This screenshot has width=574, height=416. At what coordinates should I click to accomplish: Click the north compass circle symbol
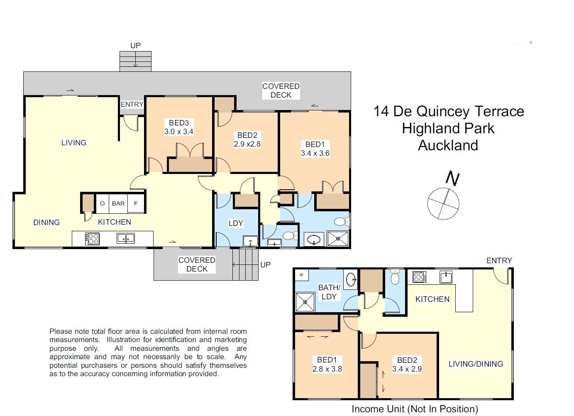coord(443,203)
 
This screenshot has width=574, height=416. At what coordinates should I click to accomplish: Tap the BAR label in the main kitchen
coord(118,203)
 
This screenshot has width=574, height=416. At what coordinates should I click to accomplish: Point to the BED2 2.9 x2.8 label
coord(247,140)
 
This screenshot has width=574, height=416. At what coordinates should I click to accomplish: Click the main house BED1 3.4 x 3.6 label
coord(315,149)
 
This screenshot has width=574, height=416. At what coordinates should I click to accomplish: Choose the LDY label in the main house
coord(236,223)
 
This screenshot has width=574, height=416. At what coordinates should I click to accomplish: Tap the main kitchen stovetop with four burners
coord(92,239)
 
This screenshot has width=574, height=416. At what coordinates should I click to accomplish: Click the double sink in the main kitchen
coord(125,238)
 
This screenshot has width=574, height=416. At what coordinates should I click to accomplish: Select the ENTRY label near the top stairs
coord(132,105)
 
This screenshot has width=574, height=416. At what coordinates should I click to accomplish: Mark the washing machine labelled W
coord(302,274)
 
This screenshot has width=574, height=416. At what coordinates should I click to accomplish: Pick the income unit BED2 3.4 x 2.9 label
coord(407,365)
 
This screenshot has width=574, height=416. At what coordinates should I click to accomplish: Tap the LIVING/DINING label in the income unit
coord(476,364)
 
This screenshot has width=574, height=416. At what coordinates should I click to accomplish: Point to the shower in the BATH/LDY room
coord(305,302)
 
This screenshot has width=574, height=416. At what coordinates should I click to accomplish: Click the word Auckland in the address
coord(448,145)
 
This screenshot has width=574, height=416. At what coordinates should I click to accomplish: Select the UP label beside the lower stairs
coord(265,264)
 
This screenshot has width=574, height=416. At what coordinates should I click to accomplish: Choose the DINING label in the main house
coord(46,223)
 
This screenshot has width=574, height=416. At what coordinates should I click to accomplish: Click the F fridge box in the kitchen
coord(136,203)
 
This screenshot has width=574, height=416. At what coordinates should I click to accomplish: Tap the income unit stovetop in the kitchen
coord(419,277)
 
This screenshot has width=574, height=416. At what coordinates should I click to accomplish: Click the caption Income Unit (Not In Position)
coord(415,409)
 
